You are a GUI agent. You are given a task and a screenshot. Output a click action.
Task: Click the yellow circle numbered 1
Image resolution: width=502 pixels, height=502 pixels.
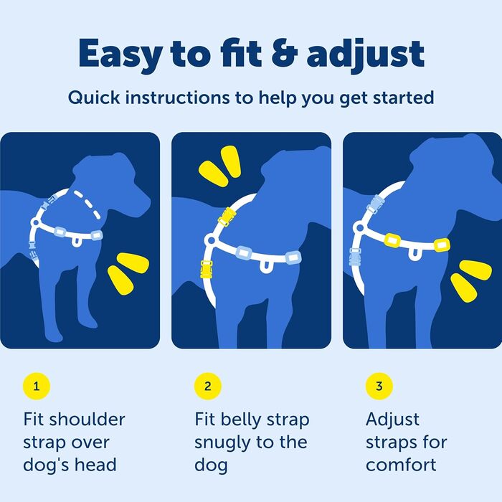37,387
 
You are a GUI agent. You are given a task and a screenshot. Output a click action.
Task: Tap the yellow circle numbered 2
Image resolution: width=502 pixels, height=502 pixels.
208,387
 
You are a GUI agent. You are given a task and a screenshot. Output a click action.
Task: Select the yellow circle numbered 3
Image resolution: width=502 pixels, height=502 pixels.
379,387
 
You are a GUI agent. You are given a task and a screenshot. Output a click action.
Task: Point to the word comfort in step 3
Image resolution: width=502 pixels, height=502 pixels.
401,465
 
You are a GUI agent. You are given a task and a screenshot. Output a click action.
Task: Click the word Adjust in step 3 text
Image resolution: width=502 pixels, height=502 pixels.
393,419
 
